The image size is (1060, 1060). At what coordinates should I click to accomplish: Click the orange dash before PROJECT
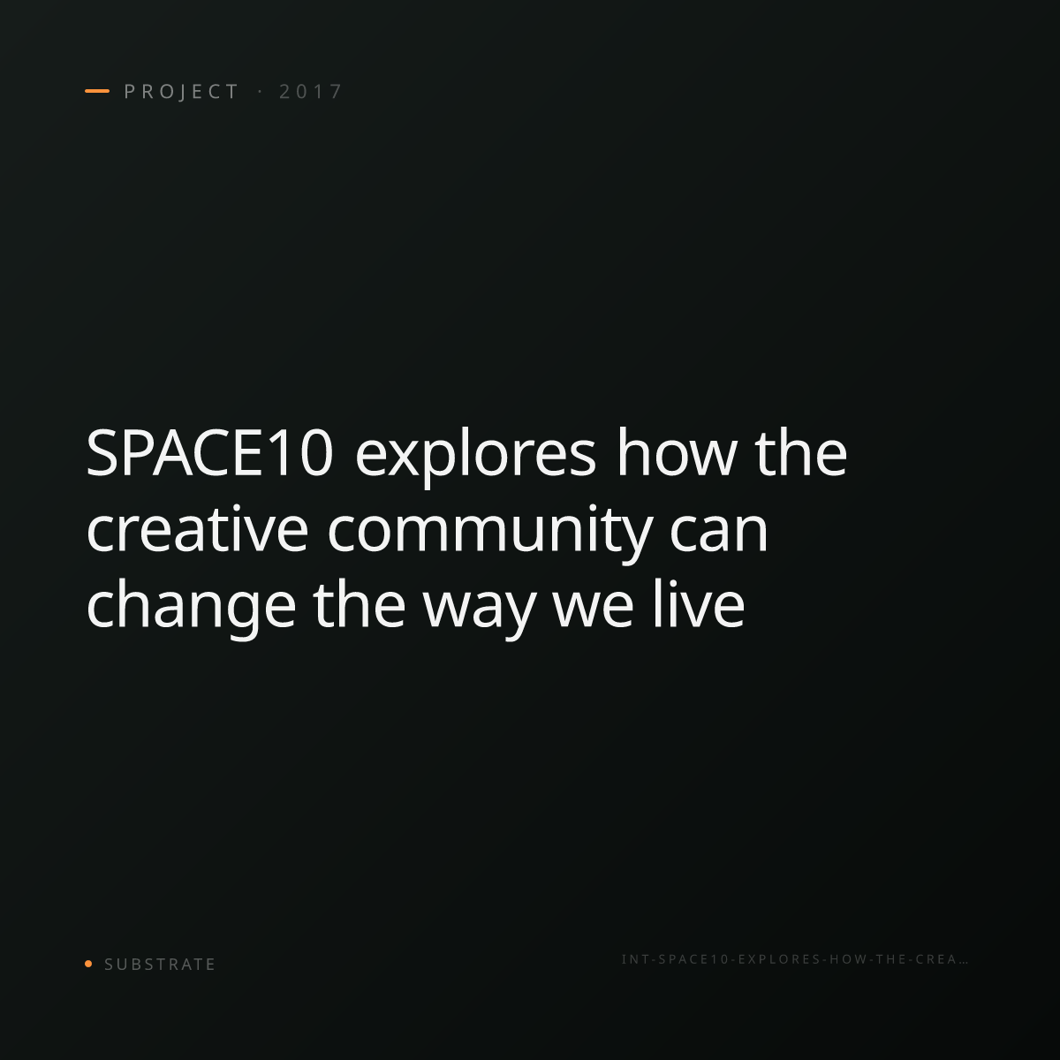click(x=97, y=91)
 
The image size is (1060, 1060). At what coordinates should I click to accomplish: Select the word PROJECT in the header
click(x=182, y=91)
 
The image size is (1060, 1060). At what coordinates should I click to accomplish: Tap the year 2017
click(x=311, y=91)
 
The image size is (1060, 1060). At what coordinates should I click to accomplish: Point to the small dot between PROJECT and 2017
click(x=260, y=91)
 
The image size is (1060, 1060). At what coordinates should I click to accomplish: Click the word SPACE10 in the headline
click(x=209, y=453)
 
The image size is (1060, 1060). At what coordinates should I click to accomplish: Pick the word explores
click(x=475, y=458)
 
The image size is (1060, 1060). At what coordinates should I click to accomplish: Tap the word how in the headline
click(x=676, y=452)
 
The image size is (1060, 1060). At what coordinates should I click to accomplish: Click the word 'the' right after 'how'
click(x=800, y=452)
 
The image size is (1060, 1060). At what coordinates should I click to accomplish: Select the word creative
click(x=197, y=528)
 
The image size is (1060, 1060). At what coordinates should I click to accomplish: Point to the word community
click(x=490, y=533)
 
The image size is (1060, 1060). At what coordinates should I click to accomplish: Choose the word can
click(x=718, y=530)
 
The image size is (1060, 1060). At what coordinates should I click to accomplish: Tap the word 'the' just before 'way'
click(x=360, y=604)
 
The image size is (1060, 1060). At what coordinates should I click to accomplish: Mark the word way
click(x=479, y=611)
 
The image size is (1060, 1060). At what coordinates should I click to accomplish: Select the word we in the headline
click(x=593, y=606)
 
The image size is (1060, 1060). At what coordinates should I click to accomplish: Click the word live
click(x=699, y=604)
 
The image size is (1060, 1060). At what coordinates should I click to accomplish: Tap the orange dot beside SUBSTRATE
click(x=88, y=964)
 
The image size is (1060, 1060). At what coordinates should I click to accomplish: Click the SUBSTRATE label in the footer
click(x=160, y=965)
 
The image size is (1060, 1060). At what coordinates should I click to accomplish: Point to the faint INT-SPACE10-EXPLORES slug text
click(x=795, y=959)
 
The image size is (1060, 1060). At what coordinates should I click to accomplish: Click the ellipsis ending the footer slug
click(x=963, y=962)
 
